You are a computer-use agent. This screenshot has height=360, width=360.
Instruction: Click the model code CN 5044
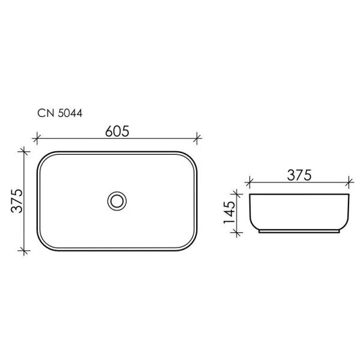pos(59,112)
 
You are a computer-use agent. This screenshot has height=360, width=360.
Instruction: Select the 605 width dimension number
pos(116,130)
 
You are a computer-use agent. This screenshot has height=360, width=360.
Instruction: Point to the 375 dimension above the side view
pos(298,175)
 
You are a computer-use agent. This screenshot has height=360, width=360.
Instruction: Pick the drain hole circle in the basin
pos(116,200)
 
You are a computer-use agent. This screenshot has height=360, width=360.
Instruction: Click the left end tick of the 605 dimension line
pos(37,139)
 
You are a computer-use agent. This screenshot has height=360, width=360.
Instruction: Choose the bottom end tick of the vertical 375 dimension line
pos(24,249)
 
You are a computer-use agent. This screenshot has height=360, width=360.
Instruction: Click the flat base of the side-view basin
pos(298,232)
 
